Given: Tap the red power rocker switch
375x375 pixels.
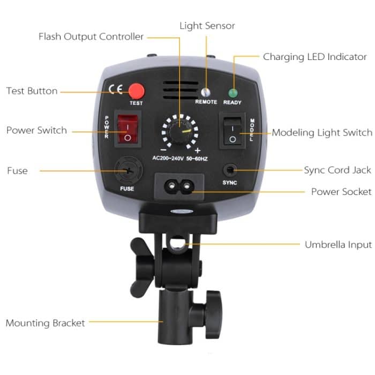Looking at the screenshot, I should pos(127,130).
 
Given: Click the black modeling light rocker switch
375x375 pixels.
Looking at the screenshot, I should pos(232,130).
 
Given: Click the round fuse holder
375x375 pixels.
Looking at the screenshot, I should pos(127,171).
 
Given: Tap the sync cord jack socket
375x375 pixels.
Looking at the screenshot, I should pos(230,170).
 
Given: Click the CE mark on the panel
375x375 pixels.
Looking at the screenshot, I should pos(115,89).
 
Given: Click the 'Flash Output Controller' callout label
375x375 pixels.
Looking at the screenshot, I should pos(91,37).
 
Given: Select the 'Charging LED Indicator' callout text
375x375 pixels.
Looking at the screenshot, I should pos(315,57).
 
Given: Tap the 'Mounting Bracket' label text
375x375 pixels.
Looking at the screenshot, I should pos(46,323).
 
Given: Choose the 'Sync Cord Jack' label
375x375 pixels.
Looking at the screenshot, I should pos(337,170).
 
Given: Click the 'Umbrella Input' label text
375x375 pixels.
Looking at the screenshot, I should pos(338,245).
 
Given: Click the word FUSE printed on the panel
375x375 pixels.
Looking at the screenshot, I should pos(127,189).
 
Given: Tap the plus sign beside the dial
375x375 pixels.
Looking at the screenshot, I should pos(197,150).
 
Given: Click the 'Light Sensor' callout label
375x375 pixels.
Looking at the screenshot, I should pos(207,26).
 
